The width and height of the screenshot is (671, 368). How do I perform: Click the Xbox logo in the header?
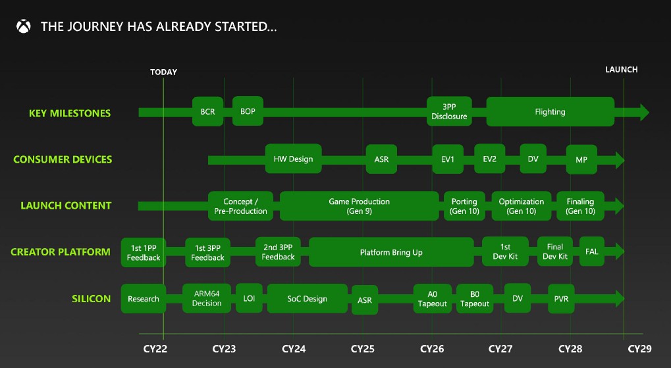point(24,26)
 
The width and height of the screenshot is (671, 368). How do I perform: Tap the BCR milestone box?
point(207,111)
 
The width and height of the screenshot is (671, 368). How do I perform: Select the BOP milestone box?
point(248,111)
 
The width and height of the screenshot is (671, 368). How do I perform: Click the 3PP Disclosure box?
point(449,111)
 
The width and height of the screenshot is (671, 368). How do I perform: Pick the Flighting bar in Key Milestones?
point(550,112)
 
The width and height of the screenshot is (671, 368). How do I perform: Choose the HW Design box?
point(293,159)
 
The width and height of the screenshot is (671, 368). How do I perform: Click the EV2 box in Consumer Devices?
point(489,159)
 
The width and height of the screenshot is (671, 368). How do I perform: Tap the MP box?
point(581,159)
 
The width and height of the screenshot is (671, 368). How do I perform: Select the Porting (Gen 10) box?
point(464,206)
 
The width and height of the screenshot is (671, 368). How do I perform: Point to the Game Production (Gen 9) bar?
point(360,206)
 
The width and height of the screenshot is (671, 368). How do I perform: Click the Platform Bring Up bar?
point(391,252)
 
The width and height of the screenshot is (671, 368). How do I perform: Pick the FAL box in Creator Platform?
point(592,251)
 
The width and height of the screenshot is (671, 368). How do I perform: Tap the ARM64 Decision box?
point(207,298)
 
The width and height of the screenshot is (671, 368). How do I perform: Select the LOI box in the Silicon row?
point(249,298)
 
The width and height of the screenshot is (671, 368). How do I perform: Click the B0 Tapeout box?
point(475,299)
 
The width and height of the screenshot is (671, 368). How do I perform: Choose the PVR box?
point(562,299)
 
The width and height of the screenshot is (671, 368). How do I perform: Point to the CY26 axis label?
point(432,349)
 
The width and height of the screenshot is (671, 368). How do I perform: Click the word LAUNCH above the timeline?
point(622,69)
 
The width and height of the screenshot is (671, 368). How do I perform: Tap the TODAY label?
point(163,72)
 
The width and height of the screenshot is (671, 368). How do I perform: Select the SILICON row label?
point(91,299)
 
